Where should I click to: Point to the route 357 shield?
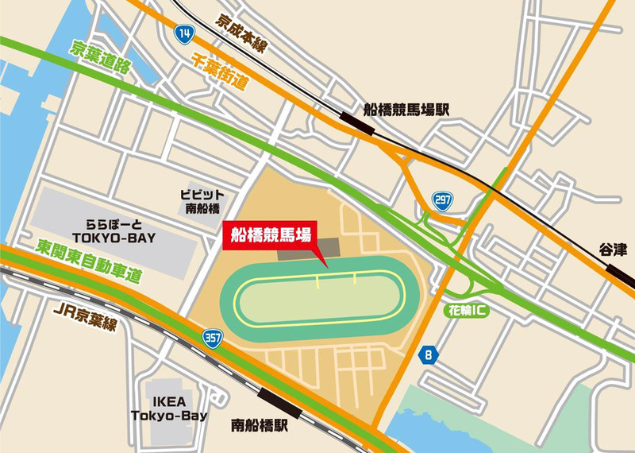click(212, 336)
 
